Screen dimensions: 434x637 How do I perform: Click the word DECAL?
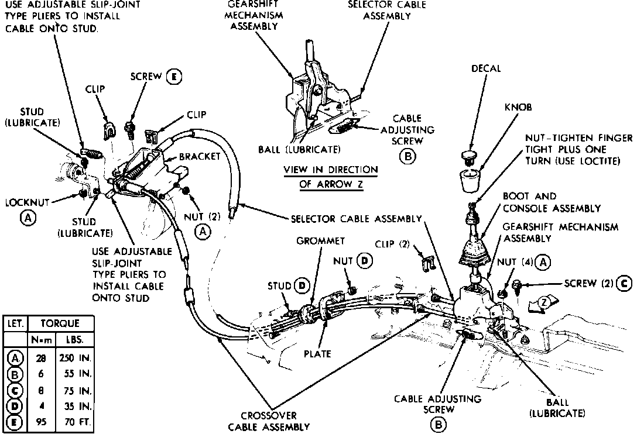click(487, 69)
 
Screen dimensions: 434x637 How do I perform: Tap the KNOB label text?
click(520, 108)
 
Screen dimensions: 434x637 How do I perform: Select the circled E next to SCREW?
click(173, 77)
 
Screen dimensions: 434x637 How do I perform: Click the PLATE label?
click(317, 353)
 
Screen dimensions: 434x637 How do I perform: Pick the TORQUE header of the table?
click(60, 323)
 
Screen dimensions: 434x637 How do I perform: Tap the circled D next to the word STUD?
click(303, 286)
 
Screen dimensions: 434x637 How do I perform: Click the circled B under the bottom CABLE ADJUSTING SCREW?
click(437, 425)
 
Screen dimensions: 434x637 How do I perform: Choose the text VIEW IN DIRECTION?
click(331, 170)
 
